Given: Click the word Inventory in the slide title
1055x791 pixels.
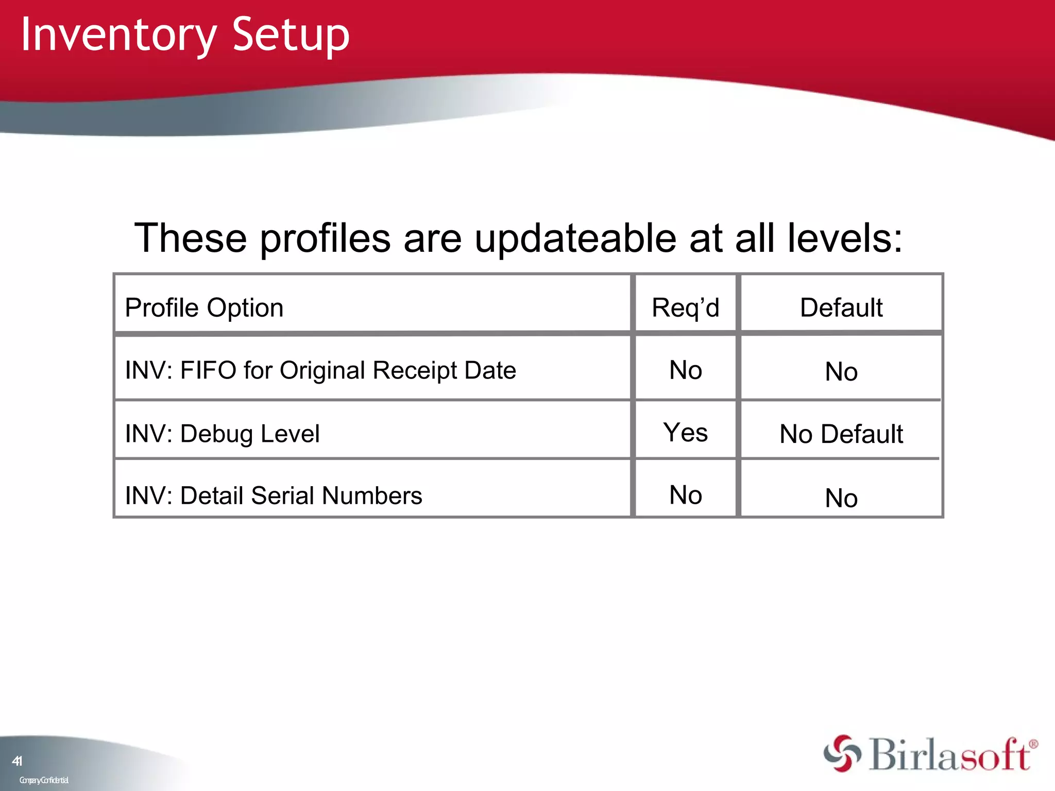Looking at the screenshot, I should pyautogui.click(x=118, y=35).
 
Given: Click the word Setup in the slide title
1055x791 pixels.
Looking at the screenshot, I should pyautogui.click(x=291, y=35).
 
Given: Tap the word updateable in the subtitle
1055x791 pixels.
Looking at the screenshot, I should pyautogui.click(x=575, y=238).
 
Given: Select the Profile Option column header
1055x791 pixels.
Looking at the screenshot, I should pyautogui.click(x=204, y=308).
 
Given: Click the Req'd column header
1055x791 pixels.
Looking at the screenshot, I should pyautogui.click(x=685, y=308).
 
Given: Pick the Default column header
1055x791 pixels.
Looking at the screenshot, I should pyautogui.click(x=841, y=308).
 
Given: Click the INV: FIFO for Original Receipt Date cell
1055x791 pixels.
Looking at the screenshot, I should pyautogui.click(x=320, y=370).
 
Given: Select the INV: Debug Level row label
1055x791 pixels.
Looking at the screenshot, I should pyautogui.click(x=222, y=434).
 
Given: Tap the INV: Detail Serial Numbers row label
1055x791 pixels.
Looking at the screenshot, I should pyautogui.click(x=274, y=496).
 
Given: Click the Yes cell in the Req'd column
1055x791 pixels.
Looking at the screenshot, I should pyautogui.click(x=685, y=433).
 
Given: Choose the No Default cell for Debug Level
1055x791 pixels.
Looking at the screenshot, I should pyautogui.click(x=841, y=434).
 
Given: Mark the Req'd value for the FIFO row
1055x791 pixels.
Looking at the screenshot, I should pyautogui.click(x=685, y=370).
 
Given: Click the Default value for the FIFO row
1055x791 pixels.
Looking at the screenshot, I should pyautogui.click(x=841, y=372).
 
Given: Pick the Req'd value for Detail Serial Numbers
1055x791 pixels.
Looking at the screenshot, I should pyautogui.click(x=685, y=495).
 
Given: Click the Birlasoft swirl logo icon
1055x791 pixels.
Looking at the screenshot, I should pyautogui.click(x=842, y=753).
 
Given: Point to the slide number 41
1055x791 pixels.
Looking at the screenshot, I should pyautogui.click(x=17, y=761).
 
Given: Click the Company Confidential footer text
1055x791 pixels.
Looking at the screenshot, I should pyautogui.click(x=44, y=780).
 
